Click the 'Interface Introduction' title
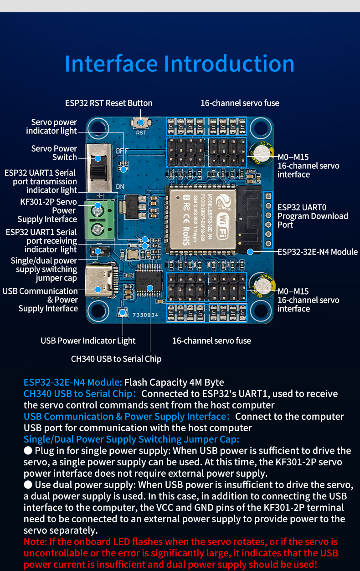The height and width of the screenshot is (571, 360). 180,64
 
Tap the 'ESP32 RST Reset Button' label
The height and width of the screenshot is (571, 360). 108,103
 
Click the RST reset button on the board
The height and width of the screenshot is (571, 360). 141,122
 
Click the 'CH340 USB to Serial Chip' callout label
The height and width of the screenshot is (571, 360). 116,359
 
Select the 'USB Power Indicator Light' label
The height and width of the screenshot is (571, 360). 88,341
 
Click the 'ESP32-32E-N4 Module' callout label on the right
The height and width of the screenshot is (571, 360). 318,252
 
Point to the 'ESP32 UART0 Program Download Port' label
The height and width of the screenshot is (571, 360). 313,216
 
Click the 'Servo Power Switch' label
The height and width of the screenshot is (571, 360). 54,153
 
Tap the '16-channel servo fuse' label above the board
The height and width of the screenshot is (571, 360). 240,103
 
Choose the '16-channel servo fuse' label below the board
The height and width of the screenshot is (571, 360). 211,341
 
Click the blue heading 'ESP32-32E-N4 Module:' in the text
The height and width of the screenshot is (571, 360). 72,382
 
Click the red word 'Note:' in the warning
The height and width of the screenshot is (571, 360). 36,542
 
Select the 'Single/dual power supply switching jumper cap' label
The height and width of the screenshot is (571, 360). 44,269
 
